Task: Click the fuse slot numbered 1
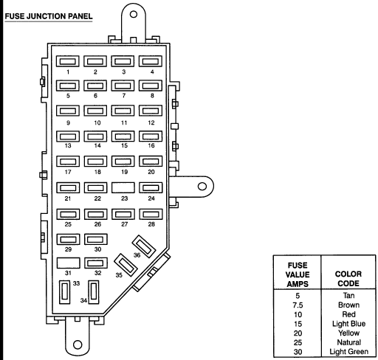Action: [67, 61]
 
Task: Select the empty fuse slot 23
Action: [123, 187]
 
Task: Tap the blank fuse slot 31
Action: [68, 263]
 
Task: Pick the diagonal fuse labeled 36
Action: [144, 246]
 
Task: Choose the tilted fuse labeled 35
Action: [126, 265]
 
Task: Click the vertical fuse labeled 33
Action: [65, 292]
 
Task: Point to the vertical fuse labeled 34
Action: [94, 292]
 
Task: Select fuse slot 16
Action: [151, 136]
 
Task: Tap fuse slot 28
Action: [151, 214]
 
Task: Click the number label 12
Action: [151, 122]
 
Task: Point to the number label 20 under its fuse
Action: [151, 172]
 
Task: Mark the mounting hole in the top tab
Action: [134, 14]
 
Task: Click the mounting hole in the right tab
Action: [202, 187]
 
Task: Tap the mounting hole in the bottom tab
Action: [78, 345]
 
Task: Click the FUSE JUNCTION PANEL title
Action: [49, 16]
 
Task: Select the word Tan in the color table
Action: [348, 295]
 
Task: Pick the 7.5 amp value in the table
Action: [298, 305]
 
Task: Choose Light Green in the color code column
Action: [348, 352]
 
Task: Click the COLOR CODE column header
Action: [348, 279]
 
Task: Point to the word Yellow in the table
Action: [348, 333]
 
